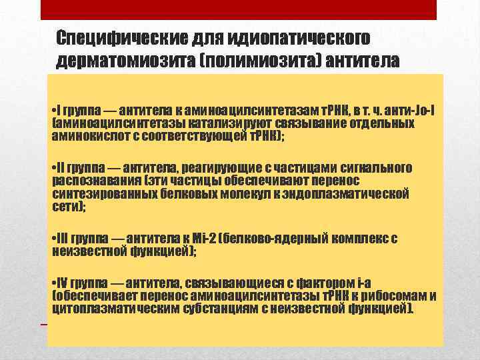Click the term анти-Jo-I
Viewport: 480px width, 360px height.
pos(411,110)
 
